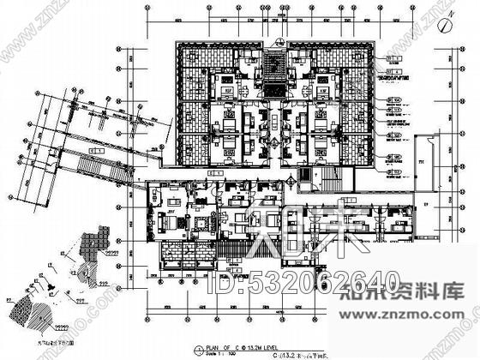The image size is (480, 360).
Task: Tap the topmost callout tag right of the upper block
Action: [395, 57]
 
